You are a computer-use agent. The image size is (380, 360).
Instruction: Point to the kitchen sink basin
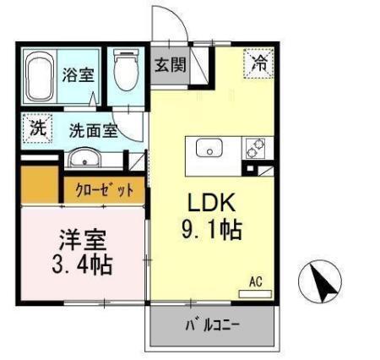[208, 148]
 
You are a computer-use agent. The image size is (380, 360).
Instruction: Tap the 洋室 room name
[77, 239]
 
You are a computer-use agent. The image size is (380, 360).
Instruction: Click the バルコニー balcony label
[213, 324]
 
